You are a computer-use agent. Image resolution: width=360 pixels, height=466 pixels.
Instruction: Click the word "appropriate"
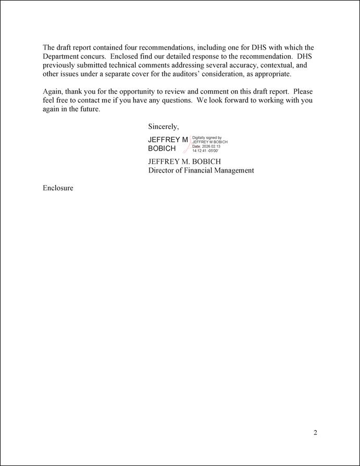coord(272,74)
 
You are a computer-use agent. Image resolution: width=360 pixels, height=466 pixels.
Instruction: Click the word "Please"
coord(303,92)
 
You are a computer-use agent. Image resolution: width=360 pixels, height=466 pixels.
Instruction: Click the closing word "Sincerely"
coord(163,127)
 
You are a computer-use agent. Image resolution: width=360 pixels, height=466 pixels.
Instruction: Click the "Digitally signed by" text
coord(207,138)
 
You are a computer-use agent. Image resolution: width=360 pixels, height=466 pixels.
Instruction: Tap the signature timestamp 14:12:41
coord(201,151)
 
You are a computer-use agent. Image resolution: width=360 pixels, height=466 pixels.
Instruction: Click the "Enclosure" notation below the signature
coord(58,188)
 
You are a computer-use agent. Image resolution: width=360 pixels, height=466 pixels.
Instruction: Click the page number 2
coord(315,433)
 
